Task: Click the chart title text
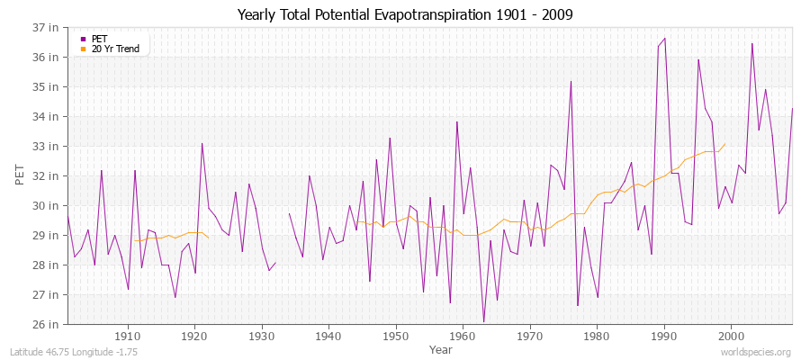[x=404, y=14]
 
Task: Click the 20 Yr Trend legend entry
[x=114, y=49]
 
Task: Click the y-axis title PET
[x=19, y=175]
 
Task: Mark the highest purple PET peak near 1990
[x=664, y=39]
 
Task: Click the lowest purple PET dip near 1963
[x=483, y=321]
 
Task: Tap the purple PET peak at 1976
[x=571, y=81]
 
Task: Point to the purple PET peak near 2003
[x=752, y=43]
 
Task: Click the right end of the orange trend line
[x=725, y=144]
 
